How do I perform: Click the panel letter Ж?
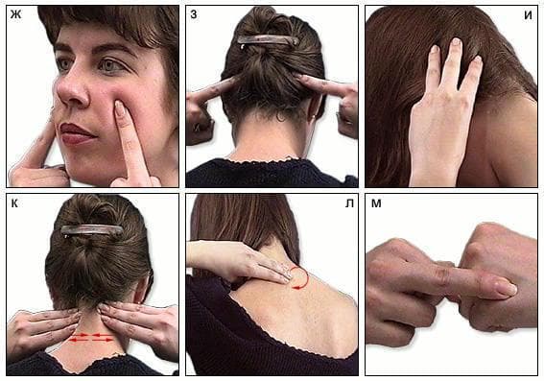point(15,15)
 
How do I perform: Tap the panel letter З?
point(194,15)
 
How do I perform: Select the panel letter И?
point(528,15)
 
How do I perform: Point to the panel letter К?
point(14,203)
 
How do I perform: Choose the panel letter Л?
point(349,203)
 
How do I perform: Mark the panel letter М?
point(376,203)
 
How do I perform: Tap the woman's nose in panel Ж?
point(71,88)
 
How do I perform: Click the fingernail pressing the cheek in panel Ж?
point(120,108)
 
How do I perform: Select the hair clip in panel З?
point(269,40)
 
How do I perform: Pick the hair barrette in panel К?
point(92,230)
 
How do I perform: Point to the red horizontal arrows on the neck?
point(92,338)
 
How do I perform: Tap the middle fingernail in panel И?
point(457,41)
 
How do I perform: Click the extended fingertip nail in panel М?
point(507,288)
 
